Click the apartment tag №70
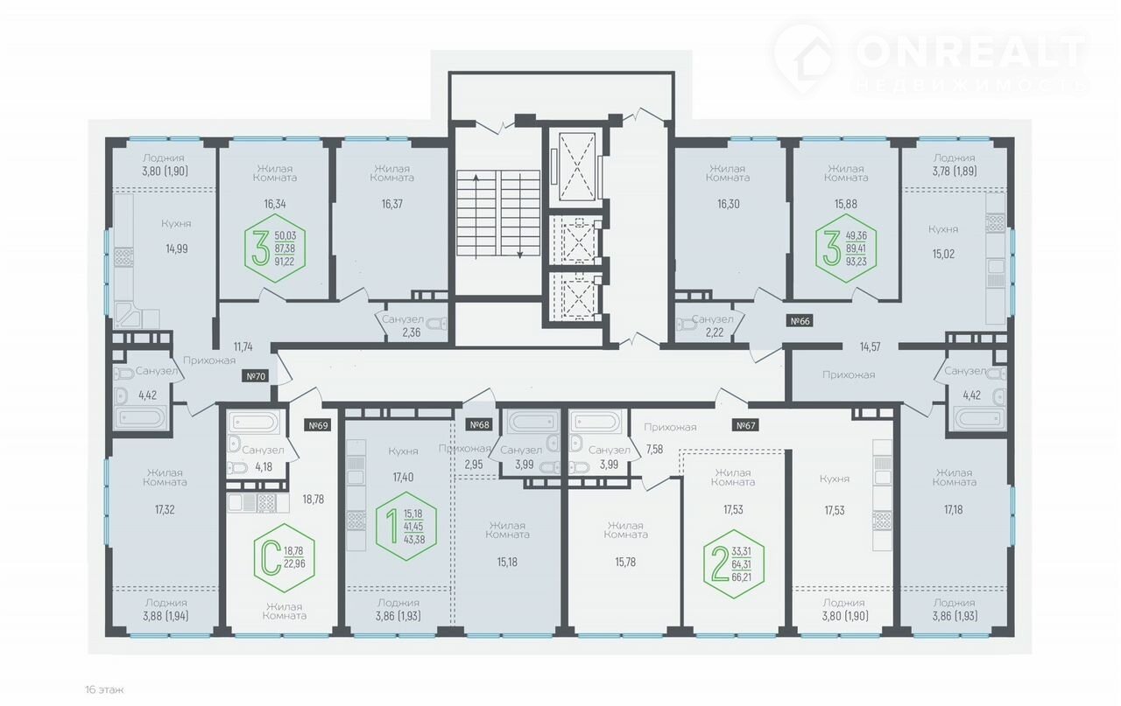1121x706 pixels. tap(256, 376)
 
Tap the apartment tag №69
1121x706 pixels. tap(318, 425)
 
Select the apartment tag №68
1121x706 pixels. tap(479, 425)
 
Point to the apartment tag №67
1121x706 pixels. tap(745, 425)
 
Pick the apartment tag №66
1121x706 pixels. tap(800, 321)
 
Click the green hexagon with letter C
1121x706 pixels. tap(285, 558)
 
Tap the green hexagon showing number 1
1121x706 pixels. tap(405, 526)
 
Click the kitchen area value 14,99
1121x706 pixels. tap(177, 249)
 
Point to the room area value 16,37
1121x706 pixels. tap(391, 204)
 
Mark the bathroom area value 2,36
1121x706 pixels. tap(412, 332)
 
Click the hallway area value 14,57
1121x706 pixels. tap(870, 347)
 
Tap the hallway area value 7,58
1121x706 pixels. tap(654, 450)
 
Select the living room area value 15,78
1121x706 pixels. tap(625, 563)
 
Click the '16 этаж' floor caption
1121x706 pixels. tap(104, 690)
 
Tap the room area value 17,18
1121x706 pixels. tap(954, 510)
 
